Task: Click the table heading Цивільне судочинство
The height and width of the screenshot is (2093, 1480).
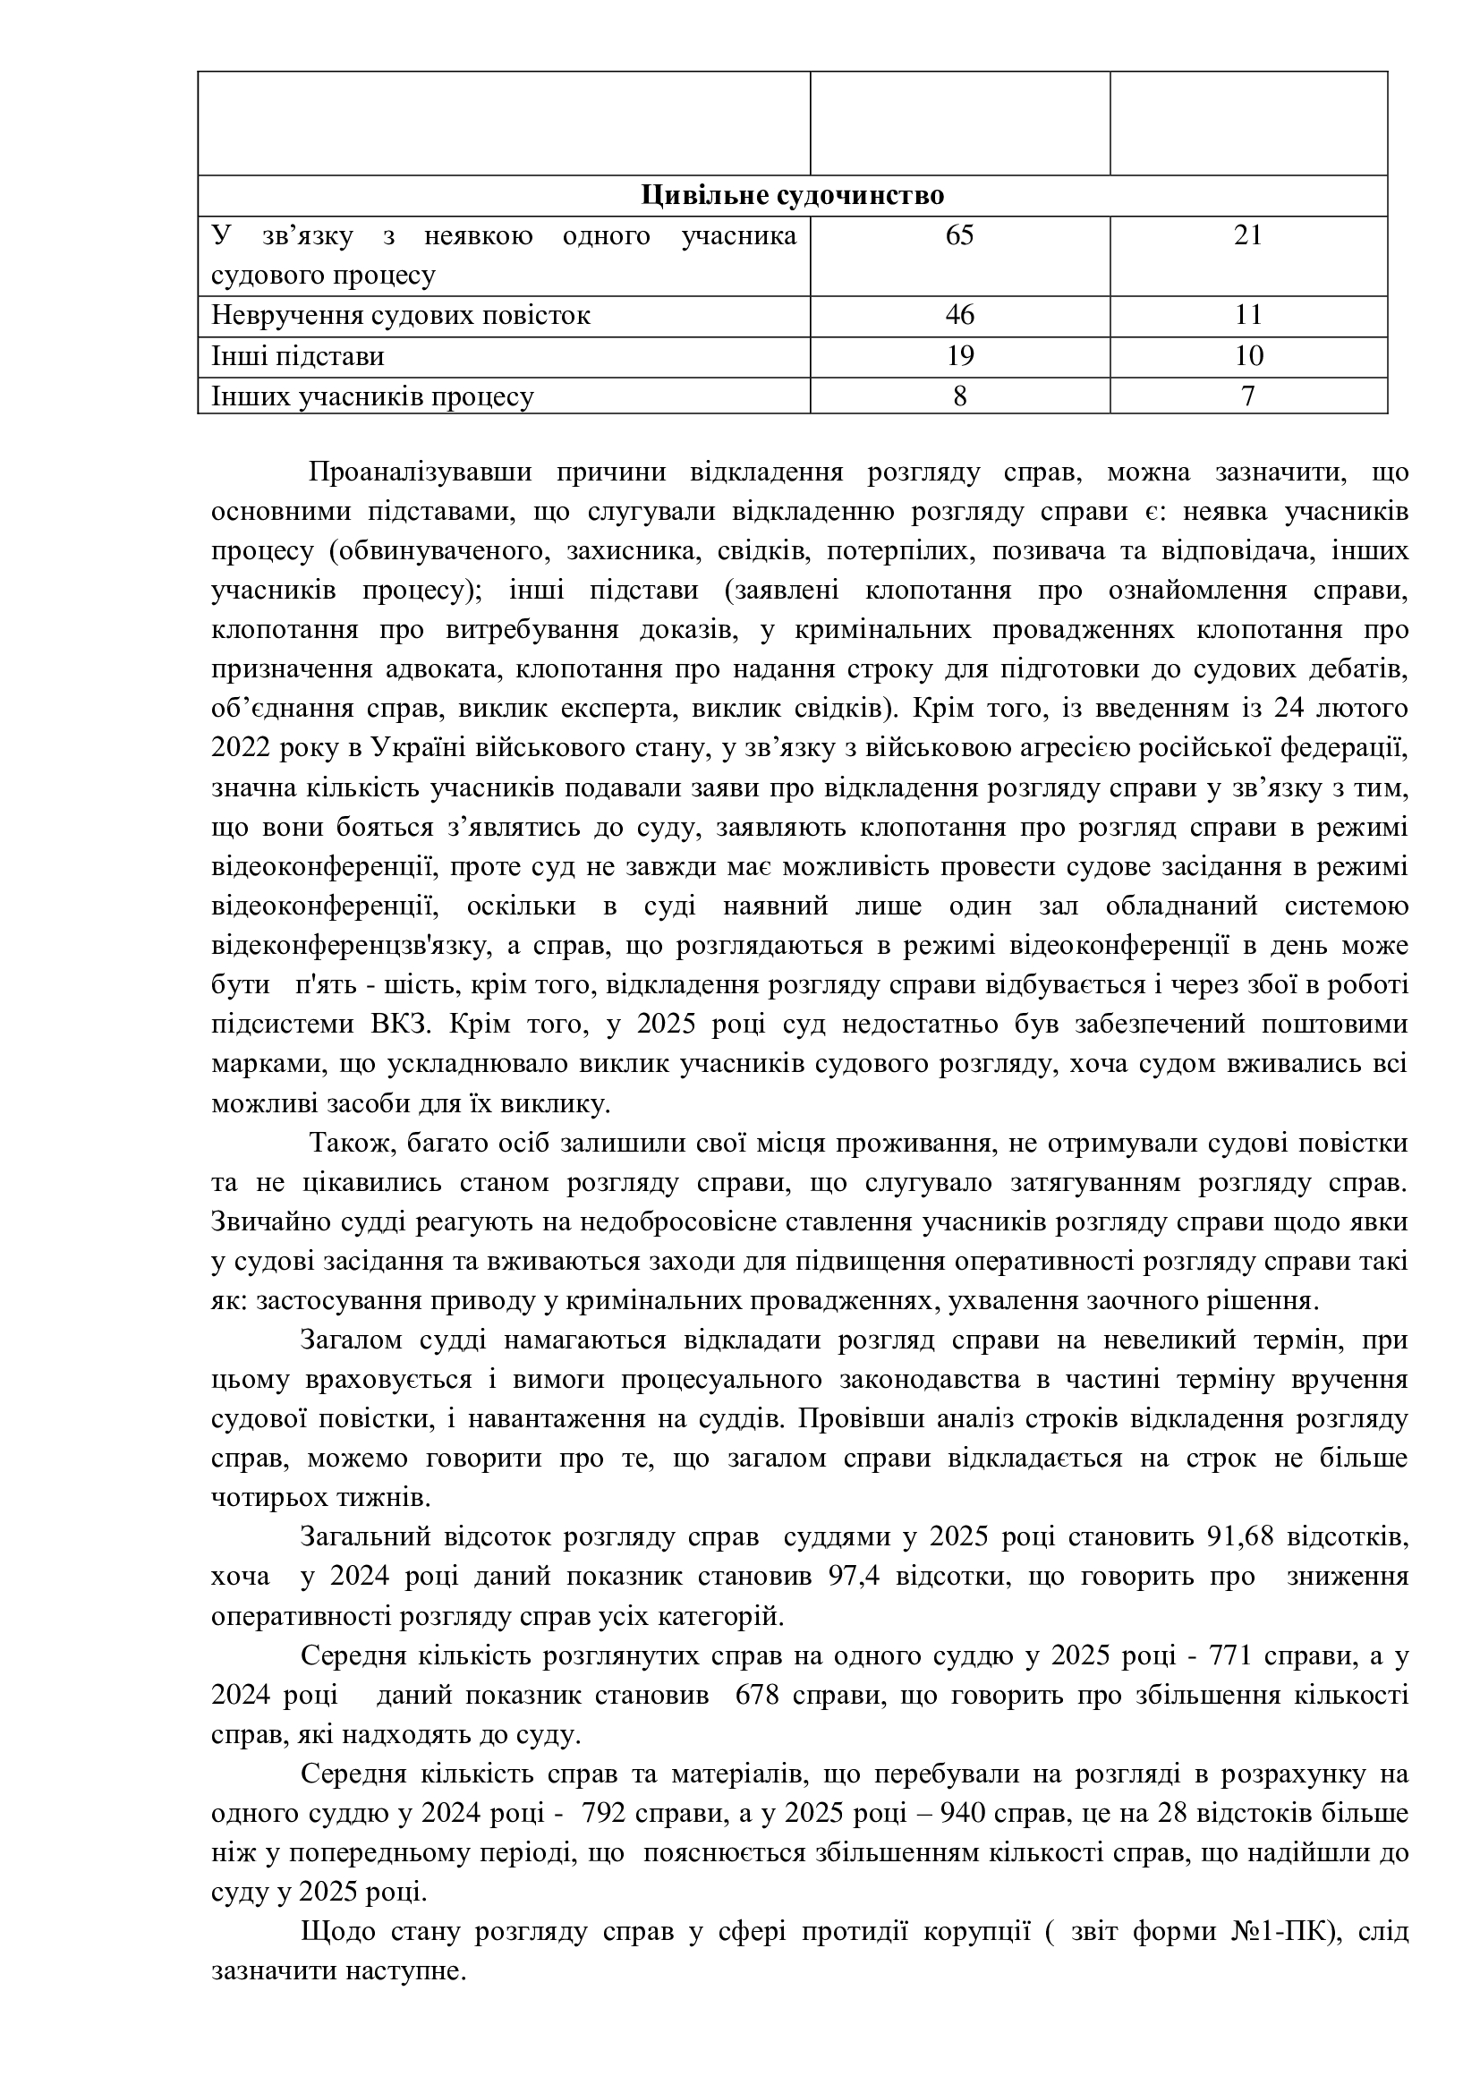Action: coord(792,196)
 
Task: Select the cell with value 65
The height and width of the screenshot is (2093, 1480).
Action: coord(959,236)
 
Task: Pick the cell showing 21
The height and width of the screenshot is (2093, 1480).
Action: coord(1247,236)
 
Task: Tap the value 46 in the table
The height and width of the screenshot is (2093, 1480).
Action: coord(959,315)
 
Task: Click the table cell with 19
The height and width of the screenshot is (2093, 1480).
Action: coord(959,355)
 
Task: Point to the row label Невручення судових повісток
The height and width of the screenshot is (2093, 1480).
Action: coord(401,315)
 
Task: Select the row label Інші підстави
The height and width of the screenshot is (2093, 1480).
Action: coord(298,355)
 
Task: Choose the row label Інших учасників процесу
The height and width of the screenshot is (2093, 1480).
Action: coord(373,396)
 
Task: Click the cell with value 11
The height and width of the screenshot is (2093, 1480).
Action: coord(1247,315)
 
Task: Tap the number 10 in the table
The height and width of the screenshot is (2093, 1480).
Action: coord(1247,355)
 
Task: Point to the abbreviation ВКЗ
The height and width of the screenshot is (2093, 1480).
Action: coord(399,1025)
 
